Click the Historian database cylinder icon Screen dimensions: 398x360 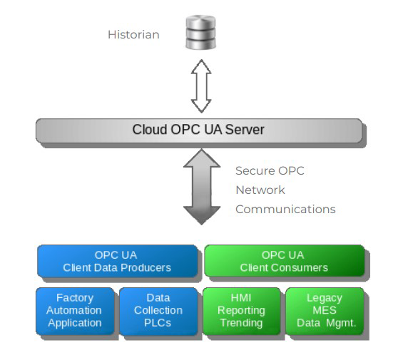tap(200, 32)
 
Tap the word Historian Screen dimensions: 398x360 tap(133, 34)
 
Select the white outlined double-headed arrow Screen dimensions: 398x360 tap(201, 86)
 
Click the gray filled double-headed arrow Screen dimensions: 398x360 tap(202, 187)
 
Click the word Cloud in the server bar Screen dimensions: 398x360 tap(150, 130)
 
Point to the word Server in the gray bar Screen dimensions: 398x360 tap(245, 130)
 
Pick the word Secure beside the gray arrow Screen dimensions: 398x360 tap(255, 171)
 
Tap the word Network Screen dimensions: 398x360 tap(260, 190)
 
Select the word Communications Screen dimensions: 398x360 tap(285, 210)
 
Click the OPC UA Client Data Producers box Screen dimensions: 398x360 tap(118, 261)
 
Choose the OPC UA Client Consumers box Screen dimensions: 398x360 tap(285, 261)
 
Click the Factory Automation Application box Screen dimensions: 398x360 tap(75, 311)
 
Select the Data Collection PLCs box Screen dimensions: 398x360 tap(158, 311)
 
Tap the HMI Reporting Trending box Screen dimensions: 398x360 tap(242, 311)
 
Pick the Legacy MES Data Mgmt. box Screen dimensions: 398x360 tap(325, 311)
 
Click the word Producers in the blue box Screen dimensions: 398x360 tap(146, 267)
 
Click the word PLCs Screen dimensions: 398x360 tap(158, 323)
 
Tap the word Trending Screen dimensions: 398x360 tap(241, 323)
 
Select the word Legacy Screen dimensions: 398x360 tap(325, 298)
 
